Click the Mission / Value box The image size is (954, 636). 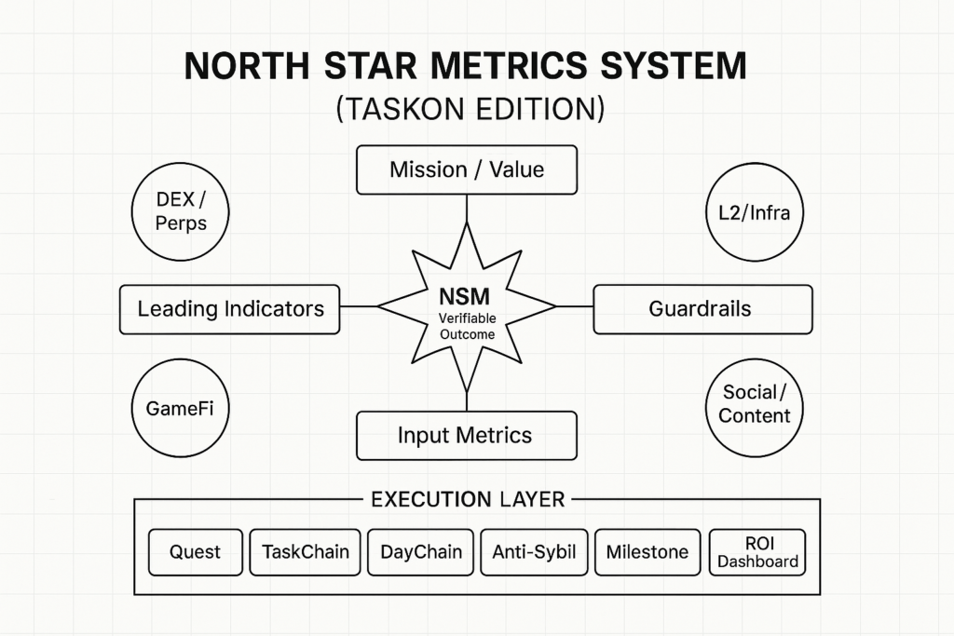pos(467,170)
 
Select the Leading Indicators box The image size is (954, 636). pos(230,309)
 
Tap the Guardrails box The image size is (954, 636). pos(702,309)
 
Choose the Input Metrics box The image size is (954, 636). pos(466,435)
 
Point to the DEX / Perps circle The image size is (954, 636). pos(181,211)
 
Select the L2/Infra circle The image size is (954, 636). pos(755,212)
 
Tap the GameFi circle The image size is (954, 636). pos(181,408)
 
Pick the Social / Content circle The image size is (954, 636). pos(755,403)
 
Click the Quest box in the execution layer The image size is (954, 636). pos(196,552)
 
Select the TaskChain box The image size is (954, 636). pos(306,552)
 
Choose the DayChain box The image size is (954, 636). pos(421,552)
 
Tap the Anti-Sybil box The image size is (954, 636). pos(534,552)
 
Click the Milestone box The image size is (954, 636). pos(647,552)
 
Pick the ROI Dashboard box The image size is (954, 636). pos(757,552)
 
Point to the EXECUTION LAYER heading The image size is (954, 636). pos(468,500)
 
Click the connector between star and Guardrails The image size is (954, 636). pos(575,306)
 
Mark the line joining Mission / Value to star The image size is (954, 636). pos(466,210)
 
